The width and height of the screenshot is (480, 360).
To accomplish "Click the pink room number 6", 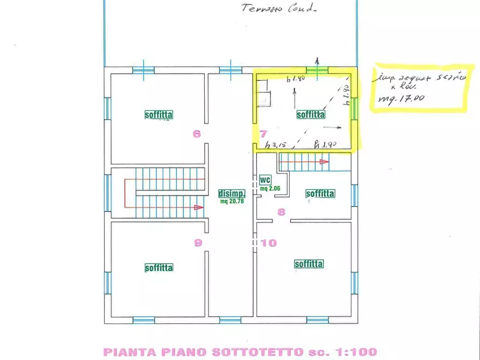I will (x=197, y=134).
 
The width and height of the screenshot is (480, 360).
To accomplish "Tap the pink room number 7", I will (x=263, y=134).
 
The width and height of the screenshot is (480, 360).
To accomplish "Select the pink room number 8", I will (x=281, y=212).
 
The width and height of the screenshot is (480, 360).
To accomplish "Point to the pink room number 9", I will (x=198, y=243).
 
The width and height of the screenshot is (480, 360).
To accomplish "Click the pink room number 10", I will (x=269, y=243).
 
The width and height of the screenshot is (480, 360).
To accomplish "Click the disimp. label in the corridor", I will (x=232, y=193).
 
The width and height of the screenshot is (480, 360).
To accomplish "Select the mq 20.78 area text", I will (x=232, y=201).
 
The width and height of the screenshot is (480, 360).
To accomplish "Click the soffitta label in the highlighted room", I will (x=311, y=114).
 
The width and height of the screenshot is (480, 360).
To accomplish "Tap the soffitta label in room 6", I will (x=159, y=114).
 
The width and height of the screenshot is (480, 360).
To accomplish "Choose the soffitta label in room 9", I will (x=159, y=268).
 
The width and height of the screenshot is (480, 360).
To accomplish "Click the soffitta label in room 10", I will (x=309, y=264).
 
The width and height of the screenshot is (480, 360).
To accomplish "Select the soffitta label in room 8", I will (x=320, y=193).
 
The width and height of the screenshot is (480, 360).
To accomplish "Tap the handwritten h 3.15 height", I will (x=276, y=144).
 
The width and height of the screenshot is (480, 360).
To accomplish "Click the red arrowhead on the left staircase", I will (x=199, y=207).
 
